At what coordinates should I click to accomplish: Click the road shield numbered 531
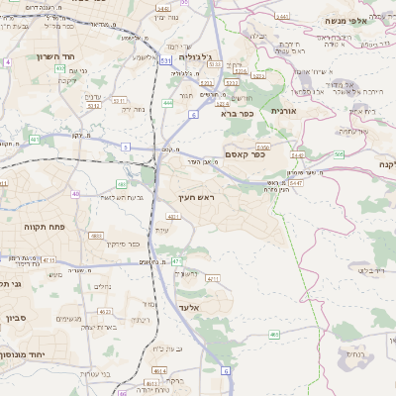[x=165, y=61]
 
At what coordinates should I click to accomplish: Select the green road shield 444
[x=169, y=103]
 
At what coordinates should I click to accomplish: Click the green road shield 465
[x=274, y=335]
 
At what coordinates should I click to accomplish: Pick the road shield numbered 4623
[x=97, y=236]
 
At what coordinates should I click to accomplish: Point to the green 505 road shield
[x=339, y=153]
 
